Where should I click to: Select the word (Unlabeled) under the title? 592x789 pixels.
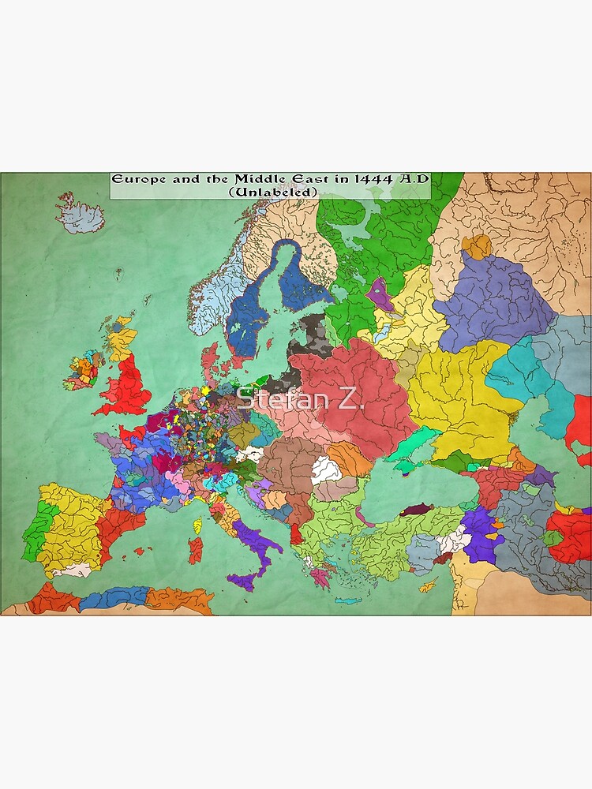(272, 191)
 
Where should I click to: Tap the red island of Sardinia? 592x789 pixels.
(195, 550)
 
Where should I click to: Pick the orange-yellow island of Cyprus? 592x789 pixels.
(427, 586)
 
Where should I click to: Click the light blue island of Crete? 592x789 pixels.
(347, 600)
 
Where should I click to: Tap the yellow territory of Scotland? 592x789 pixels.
(122, 340)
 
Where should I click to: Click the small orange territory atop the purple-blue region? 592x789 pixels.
(476, 246)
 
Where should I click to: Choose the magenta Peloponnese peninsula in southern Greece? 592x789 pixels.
(320, 578)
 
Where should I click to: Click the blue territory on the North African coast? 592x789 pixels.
(114, 597)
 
